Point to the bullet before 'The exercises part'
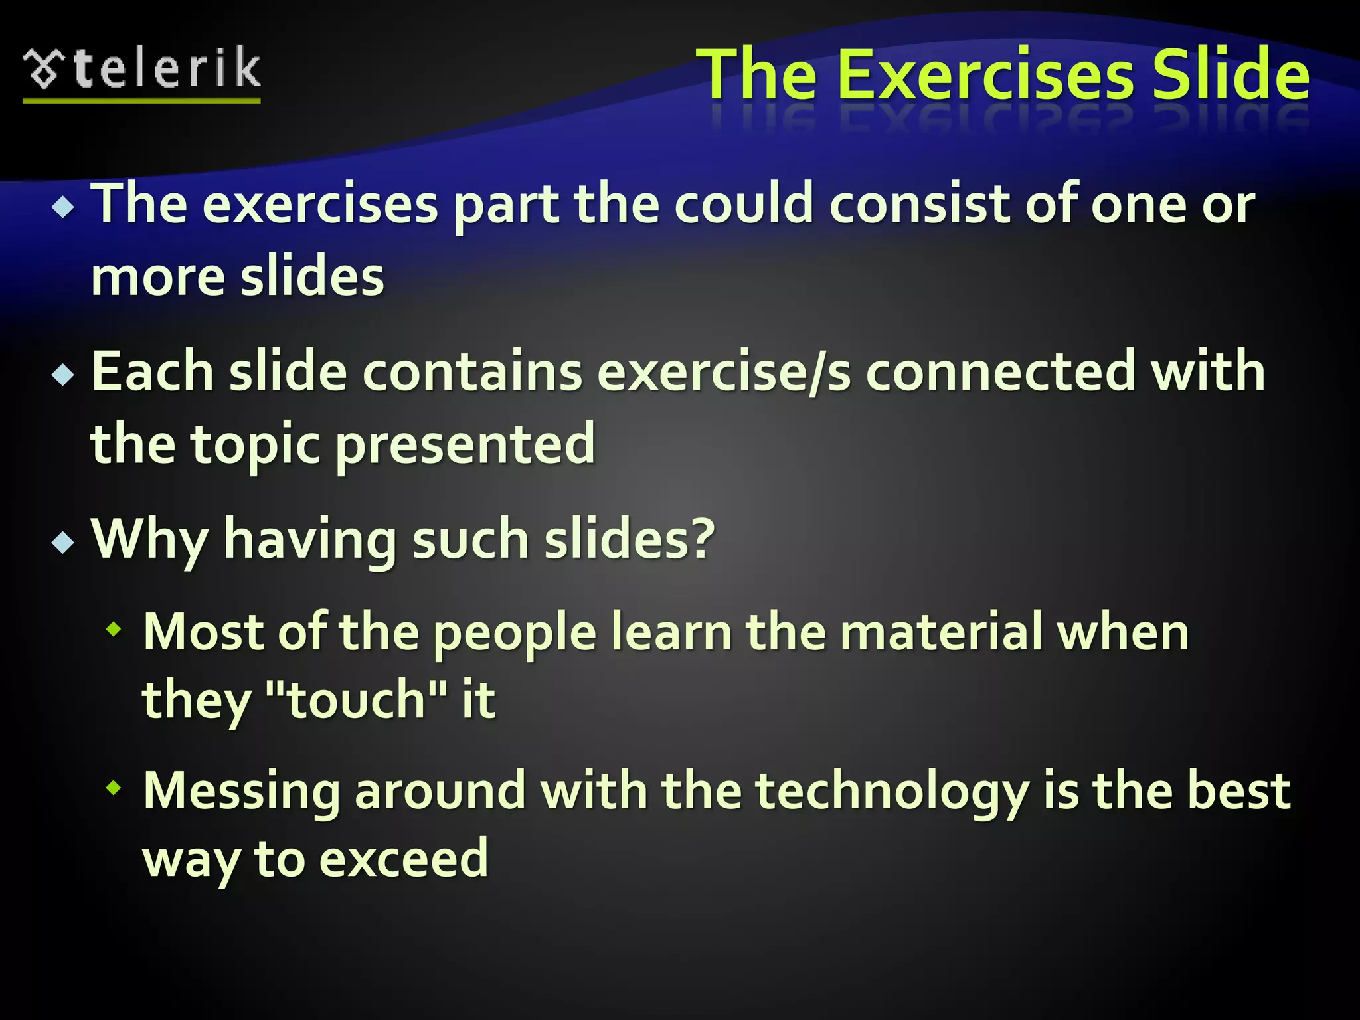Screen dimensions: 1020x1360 pos(64,209)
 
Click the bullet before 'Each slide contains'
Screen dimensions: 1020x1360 pos(64,376)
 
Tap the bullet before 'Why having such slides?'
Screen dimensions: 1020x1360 pos(64,543)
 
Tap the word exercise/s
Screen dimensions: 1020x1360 pos(724,372)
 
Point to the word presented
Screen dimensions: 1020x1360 pos(466,445)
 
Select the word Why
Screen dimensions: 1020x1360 pos(149,539)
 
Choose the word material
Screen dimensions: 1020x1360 pos(941,632)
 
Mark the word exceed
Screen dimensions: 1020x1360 pos(404,859)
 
